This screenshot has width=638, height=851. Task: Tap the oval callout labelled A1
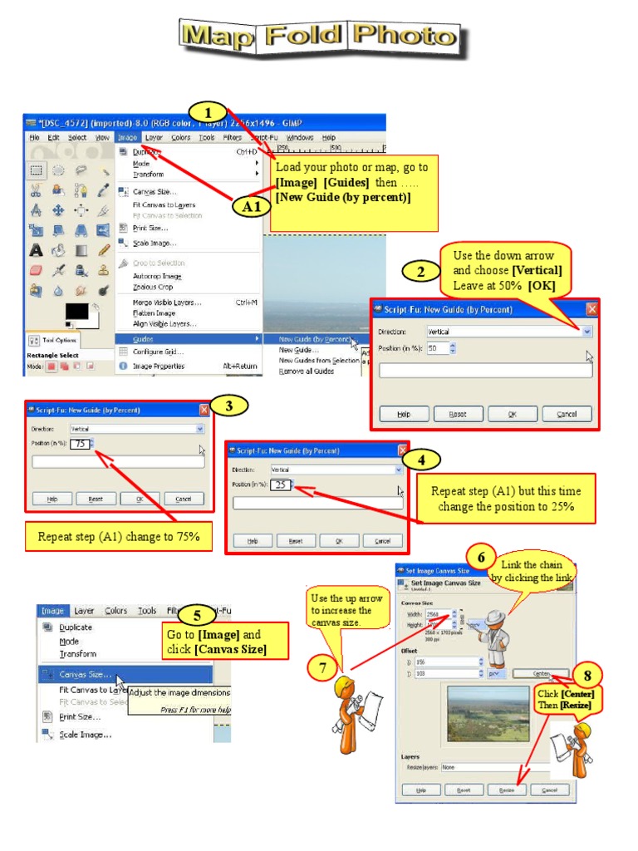click(x=252, y=206)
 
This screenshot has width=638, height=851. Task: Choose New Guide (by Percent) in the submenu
click(x=314, y=339)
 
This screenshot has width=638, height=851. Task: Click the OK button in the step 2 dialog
click(x=513, y=414)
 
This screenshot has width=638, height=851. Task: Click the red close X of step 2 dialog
click(x=591, y=309)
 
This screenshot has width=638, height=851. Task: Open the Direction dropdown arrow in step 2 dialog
click(x=586, y=331)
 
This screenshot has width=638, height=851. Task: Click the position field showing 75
click(x=81, y=444)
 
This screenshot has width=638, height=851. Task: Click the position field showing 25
click(x=281, y=485)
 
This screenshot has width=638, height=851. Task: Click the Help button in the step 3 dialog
click(x=52, y=499)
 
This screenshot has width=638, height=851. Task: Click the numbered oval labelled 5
click(x=197, y=616)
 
